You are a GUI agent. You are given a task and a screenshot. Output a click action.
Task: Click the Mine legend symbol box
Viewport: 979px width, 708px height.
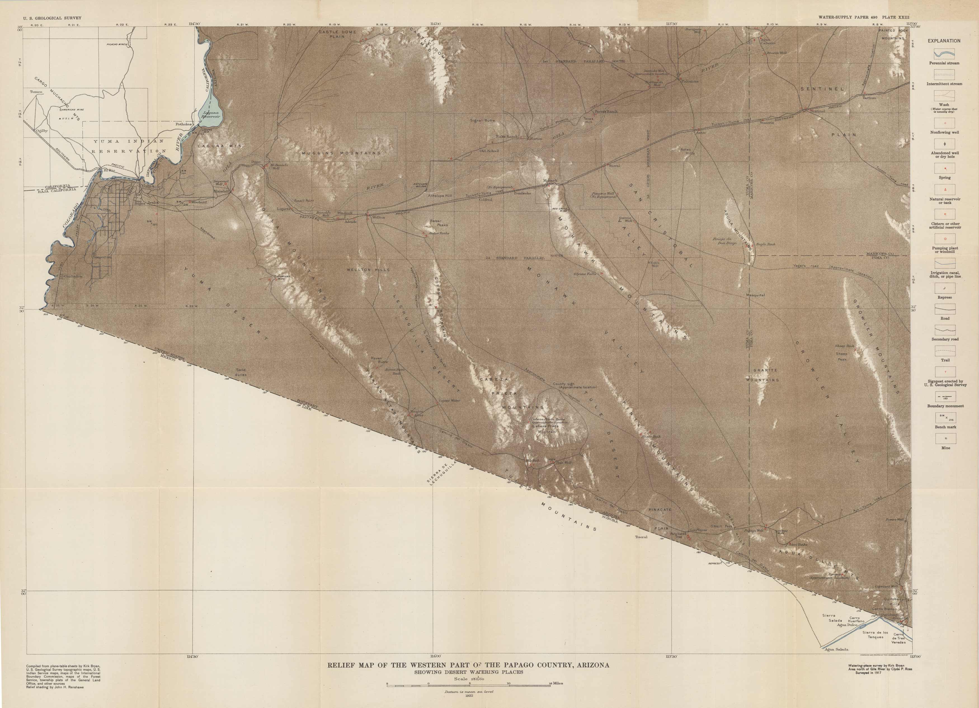click(945, 438)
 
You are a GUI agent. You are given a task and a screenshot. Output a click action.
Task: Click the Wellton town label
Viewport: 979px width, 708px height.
click(378, 218)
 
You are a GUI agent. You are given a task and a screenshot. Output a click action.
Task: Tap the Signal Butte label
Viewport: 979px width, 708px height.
click(482, 120)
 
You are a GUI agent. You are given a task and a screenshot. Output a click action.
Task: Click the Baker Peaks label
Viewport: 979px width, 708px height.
click(439, 223)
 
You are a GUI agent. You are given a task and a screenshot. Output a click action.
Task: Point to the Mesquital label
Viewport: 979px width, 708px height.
click(756, 295)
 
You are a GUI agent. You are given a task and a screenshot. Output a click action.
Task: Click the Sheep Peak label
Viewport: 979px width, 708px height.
click(841, 356)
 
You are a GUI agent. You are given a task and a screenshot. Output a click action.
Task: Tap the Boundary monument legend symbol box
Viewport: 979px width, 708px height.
click(945, 397)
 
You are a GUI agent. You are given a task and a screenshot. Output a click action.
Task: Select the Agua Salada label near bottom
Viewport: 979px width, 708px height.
click(836, 649)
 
